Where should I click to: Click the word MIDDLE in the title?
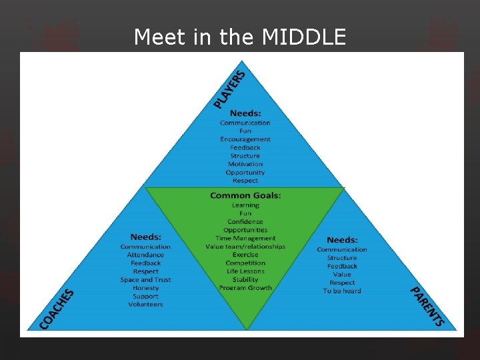click(304, 37)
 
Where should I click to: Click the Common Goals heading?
click(245, 195)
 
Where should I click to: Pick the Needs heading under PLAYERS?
click(245, 113)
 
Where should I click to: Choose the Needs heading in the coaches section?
click(145, 237)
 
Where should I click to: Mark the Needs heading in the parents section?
click(342, 240)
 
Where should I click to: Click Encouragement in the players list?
click(245, 139)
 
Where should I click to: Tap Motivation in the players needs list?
click(245, 164)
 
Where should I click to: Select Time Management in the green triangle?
click(245, 238)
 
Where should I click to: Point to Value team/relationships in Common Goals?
click(245, 247)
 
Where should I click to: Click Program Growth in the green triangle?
click(245, 288)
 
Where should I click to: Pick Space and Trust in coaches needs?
click(145, 280)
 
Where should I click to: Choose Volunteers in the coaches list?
click(145, 305)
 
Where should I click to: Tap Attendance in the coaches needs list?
click(145, 255)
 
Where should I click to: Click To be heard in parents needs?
click(342, 291)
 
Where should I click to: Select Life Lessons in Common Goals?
click(245, 271)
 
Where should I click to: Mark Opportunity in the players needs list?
click(245, 173)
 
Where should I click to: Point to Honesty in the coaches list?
click(145, 288)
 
